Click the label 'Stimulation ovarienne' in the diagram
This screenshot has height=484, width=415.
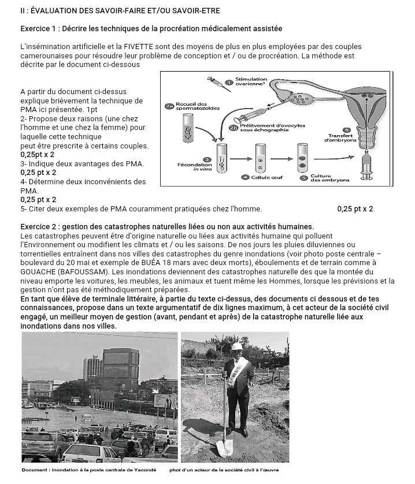click(251, 81)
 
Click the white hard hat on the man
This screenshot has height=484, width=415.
click(237, 345)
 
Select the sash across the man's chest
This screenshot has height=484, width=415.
click(238, 370)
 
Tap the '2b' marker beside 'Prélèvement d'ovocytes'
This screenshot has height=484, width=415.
click(233, 128)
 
